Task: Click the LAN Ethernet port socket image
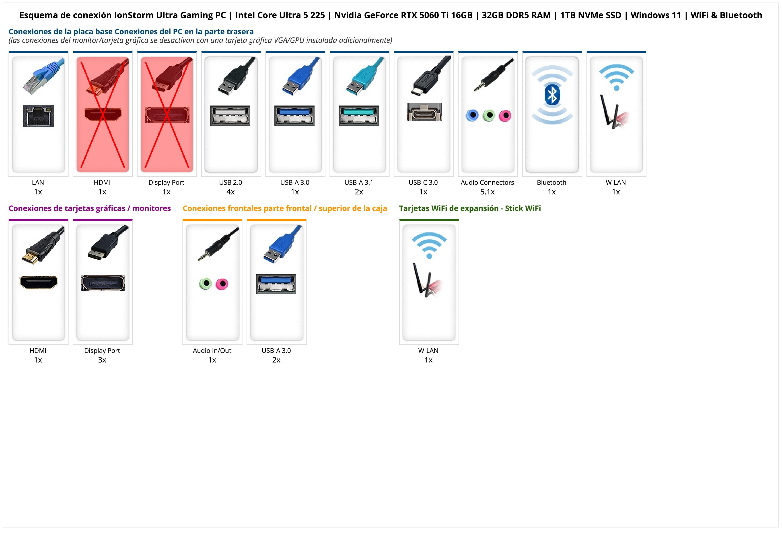[x=39, y=116]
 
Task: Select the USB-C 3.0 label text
[x=423, y=183]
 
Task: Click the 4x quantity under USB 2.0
[x=230, y=192]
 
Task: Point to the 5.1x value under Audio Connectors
[x=487, y=192]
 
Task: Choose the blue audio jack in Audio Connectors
[x=472, y=115]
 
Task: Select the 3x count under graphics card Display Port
[x=102, y=360]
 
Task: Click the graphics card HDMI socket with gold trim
[x=39, y=282]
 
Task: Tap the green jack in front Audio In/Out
[x=205, y=284]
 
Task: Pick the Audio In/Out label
[x=212, y=351]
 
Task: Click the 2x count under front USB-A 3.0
[x=276, y=360]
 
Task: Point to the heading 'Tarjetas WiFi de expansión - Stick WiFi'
[x=470, y=209]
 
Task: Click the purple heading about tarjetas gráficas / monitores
[x=90, y=209]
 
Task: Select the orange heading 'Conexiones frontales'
[x=285, y=209]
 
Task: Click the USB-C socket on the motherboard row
[x=424, y=112]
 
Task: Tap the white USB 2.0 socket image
[x=230, y=116]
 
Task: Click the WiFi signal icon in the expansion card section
[x=429, y=245]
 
